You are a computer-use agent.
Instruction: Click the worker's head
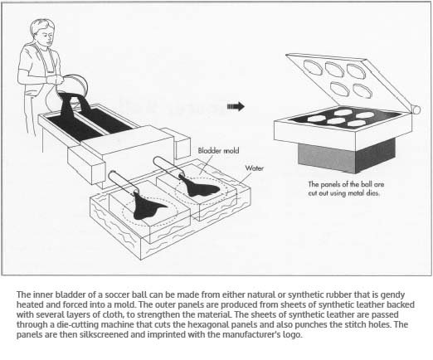pyautogui.click(x=42, y=32)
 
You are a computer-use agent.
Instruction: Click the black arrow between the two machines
pyautogui.click(x=236, y=106)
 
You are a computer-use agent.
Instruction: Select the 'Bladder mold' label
pyautogui.click(x=218, y=151)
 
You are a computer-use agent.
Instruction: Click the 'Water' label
pyautogui.click(x=254, y=168)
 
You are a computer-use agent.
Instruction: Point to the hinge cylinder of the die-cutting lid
pyautogui.click(x=416, y=109)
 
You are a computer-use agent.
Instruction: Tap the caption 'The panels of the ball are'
pyautogui.click(x=346, y=184)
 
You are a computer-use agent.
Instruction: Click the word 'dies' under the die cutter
pyautogui.click(x=373, y=193)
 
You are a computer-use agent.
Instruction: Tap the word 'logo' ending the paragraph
pyautogui.click(x=292, y=335)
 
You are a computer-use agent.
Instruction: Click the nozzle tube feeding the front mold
pyautogui.click(x=123, y=182)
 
